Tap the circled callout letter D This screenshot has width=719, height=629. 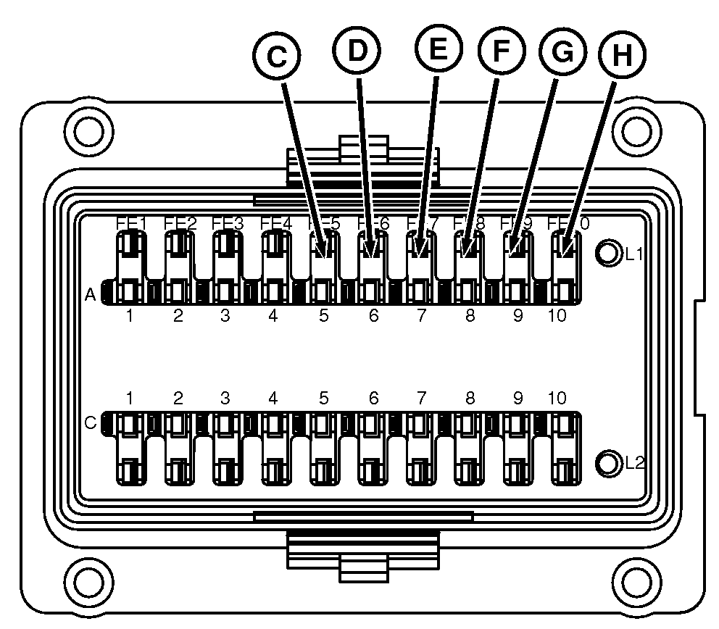pos(357,50)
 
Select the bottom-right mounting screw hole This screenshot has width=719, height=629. pos(636,580)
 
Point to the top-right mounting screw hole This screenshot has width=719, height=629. pos(636,130)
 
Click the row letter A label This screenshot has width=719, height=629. pos(91,295)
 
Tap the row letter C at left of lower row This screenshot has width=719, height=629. pos(91,422)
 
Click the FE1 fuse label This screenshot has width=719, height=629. pos(133,223)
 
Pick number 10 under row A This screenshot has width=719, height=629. pos(557,316)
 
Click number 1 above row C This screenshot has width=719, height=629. pos(130,398)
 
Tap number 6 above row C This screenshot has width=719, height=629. pos(373,398)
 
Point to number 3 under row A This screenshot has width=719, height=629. pos(225,316)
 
